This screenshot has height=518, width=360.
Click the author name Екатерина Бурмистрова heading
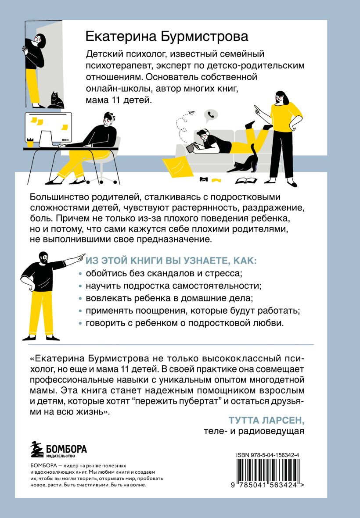167,36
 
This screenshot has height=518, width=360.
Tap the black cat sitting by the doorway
56,100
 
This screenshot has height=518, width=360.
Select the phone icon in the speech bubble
211,114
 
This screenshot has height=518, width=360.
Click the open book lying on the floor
246,180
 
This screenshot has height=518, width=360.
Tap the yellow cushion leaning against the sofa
178,167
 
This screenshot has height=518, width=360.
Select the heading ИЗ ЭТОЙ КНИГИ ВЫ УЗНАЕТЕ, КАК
171,261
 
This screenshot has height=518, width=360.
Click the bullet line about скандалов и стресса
164,273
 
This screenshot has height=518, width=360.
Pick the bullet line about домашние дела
169,298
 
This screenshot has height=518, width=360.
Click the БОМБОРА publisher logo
58,449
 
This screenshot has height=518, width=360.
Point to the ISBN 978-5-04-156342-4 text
268,455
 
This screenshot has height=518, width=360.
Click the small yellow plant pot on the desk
30,143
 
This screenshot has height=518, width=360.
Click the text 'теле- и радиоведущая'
254,431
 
